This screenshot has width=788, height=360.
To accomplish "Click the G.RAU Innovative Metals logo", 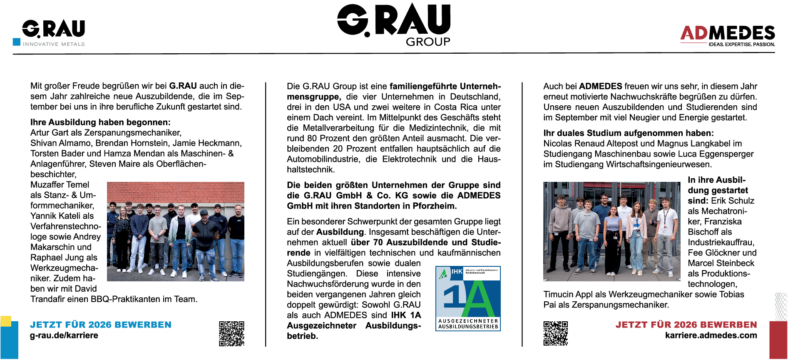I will pyautogui.click(x=53, y=32).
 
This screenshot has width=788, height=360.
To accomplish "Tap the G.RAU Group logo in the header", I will pyautogui.click(x=394, y=24).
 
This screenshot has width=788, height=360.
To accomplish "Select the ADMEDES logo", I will pyautogui.click(x=728, y=35).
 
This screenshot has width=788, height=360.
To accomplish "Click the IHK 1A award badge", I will pyautogui.click(x=468, y=298).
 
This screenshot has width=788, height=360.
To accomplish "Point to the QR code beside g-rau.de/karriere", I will pyautogui.click(x=231, y=333).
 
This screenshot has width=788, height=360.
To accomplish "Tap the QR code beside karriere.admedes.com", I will pyautogui.click(x=555, y=333).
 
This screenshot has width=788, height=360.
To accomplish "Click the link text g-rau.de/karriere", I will pyautogui.click(x=64, y=335).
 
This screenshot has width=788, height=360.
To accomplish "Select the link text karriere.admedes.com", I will pyautogui.click(x=711, y=335).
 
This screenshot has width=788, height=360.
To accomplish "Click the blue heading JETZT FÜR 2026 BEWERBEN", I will pyautogui.click(x=101, y=325).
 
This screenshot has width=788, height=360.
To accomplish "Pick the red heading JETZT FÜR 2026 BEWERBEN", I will pyautogui.click(x=686, y=325).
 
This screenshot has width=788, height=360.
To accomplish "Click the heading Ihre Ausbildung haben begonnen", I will pyautogui.click(x=100, y=122).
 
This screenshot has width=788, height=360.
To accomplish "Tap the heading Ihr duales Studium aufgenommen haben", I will pyautogui.click(x=629, y=133).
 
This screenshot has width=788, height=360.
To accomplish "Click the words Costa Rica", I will pyautogui.click(x=457, y=107).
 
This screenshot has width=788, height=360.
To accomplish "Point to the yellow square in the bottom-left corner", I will pyautogui.click(x=6, y=321).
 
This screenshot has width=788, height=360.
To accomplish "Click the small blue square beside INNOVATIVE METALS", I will pyautogui.click(x=17, y=42).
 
